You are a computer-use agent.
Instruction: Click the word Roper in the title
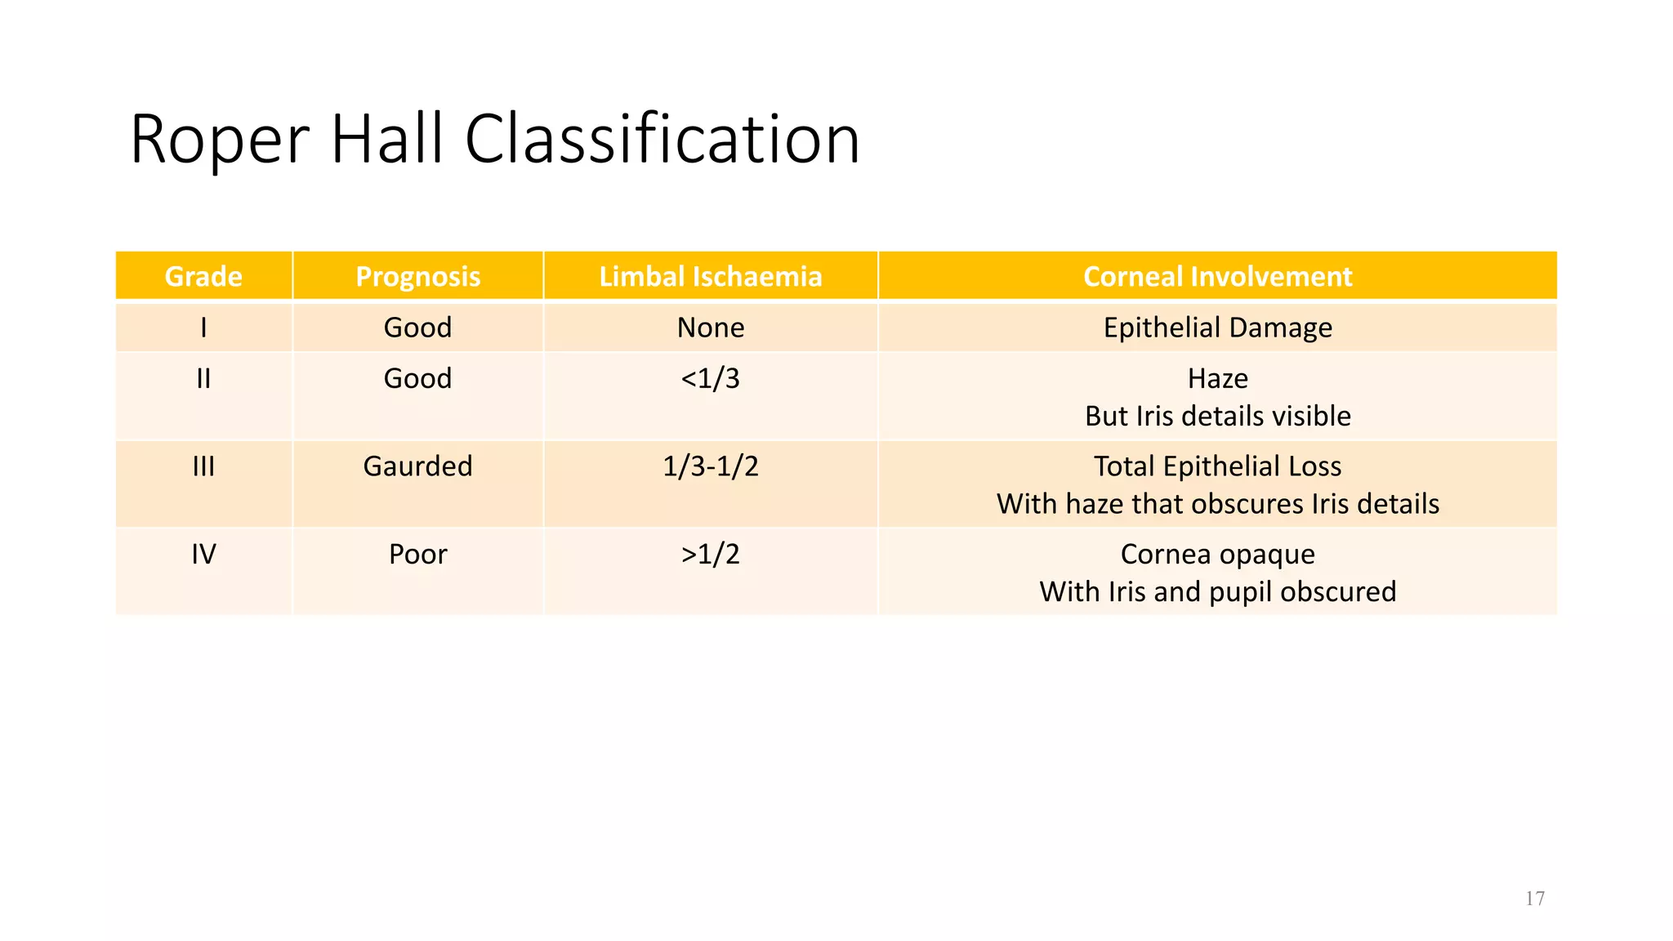[x=220, y=140]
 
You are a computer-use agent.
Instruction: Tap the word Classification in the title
[x=662, y=140]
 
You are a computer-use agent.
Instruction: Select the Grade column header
[x=203, y=277]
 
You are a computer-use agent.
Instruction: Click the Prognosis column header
[x=417, y=277]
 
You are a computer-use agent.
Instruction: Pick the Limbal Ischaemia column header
[x=710, y=277]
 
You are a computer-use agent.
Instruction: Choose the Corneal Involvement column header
[x=1217, y=277]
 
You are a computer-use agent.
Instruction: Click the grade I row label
[x=203, y=328]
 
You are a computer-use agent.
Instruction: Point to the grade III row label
[x=203, y=466]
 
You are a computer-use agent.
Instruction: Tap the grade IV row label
[x=203, y=555]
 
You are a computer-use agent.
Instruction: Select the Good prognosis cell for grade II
[x=417, y=378]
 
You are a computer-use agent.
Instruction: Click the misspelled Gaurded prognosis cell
[x=417, y=466]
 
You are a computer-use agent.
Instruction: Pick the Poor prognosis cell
[x=417, y=555]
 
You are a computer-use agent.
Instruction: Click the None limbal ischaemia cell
[x=710, y=328]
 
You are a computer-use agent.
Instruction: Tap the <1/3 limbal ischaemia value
[x=710, y=378]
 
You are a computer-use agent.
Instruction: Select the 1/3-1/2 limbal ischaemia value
[x=710, y=466]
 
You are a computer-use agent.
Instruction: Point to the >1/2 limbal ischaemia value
[x=710, y=555]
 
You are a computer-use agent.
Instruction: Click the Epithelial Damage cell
[x=1217, y=328]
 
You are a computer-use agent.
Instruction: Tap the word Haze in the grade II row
[x=1217, y=378]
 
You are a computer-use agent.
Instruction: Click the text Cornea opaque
[x=1217, y=555]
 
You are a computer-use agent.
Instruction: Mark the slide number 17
[x=1534, y=899]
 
